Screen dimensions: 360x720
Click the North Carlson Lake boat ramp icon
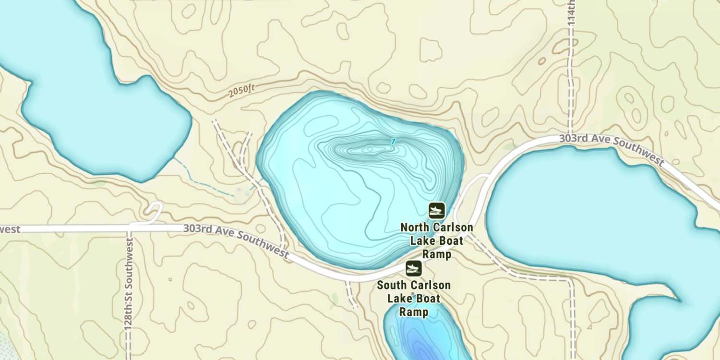[436, 210]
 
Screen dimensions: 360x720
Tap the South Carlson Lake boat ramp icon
[413, 268]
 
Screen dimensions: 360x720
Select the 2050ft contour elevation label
[242, 90]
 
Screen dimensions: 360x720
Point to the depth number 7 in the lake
[393, 141]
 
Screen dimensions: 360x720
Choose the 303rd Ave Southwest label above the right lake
[612, 150]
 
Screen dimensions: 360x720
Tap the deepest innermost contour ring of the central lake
[370, 149]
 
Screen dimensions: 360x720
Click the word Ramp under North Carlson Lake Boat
[436, 254]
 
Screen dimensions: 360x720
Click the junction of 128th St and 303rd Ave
[130, 227]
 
